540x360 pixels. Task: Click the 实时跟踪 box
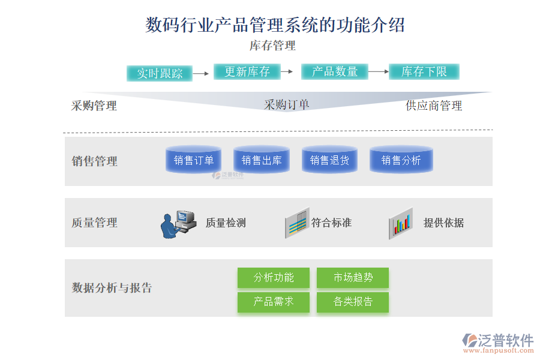[159, 73]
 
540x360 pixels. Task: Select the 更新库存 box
[247, 72]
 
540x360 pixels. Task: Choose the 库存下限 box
[424, 72]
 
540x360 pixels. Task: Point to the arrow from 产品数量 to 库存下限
[378, 72]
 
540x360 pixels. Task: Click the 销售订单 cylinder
[193, 160]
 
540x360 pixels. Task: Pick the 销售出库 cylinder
[261, 160]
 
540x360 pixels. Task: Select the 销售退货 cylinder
[329, 160]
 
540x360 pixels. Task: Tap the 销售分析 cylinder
[401, 160]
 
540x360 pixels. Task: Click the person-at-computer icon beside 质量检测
[178, 224]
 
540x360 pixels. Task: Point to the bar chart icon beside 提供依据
[401, 224]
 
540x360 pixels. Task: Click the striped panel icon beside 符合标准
[297, 224]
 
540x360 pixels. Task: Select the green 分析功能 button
[274, 278]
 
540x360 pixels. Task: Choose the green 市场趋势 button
[353, 278]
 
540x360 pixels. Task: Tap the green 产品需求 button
[274, 302]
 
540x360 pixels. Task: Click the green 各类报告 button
[353, 302]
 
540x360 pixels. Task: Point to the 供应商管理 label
[434, 106]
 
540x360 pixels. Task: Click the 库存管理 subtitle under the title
[272, 46]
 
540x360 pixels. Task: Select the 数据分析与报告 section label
[112, 288]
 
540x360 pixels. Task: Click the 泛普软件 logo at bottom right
[497, 342]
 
